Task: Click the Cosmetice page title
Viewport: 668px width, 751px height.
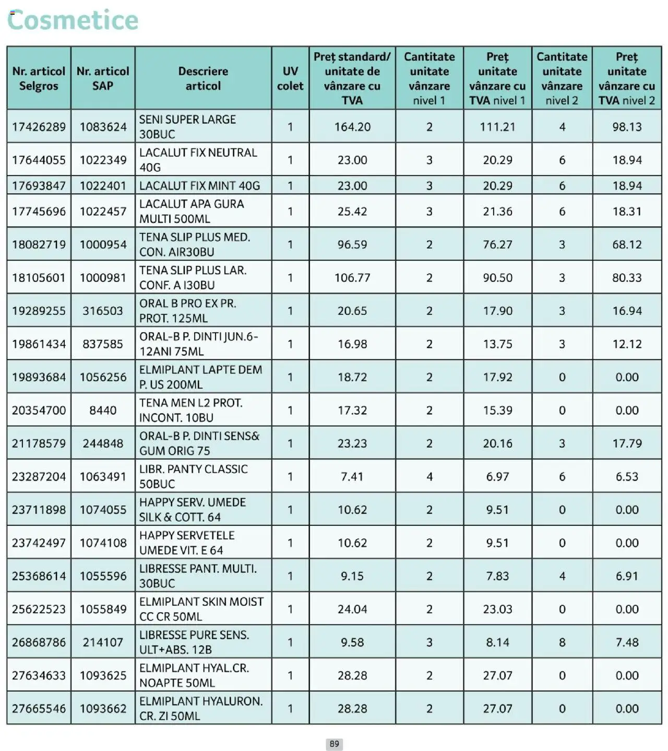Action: pos(73,20)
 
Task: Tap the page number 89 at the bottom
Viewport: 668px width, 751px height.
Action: pos(334,744)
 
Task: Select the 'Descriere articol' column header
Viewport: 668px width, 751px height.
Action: pos(203,78)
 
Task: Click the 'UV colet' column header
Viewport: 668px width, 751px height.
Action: pos(290,78)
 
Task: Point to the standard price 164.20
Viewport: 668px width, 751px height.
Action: pos(352,127)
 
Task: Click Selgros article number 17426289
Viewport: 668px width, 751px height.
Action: pos(39,127)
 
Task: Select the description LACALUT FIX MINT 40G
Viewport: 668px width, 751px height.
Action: pos(199,186)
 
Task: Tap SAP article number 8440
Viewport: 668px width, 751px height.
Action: pos(103,410)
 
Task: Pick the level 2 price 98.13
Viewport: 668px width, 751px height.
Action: pos(627,127)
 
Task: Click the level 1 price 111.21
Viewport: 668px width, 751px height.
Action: pos(497,127)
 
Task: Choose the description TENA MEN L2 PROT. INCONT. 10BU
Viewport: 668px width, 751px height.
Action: pos(191,410)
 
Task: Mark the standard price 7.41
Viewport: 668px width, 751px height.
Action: pos(352,477)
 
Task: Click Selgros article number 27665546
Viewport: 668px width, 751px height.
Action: pos(39,709)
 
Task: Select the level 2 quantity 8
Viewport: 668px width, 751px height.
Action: pos(562,642)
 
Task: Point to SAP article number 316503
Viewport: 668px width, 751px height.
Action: pos(103,311)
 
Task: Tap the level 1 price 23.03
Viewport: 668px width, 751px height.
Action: pos(497,609)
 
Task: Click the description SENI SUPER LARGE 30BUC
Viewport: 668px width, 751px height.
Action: pos(187,127)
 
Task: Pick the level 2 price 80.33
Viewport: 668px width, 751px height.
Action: pos(627,278)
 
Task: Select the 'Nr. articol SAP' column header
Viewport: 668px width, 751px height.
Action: pos(103,78)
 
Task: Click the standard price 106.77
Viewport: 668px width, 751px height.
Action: pos(352,278)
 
